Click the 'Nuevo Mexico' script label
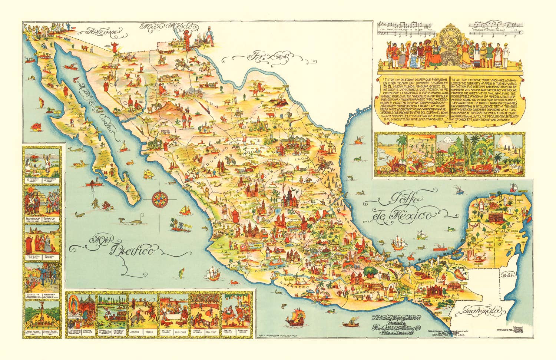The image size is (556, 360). point(169,27)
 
